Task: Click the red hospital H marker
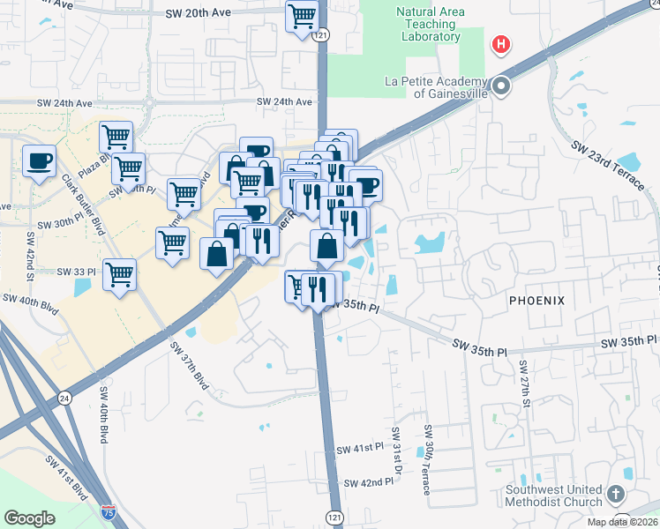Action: pos(501,44)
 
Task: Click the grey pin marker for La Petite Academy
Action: pos(501,86)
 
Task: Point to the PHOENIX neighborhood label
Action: pos(536,301)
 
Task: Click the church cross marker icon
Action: pos(616,494)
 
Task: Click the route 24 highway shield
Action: pos(64,399)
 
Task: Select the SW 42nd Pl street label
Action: pos(364,483)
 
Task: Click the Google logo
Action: pos(30,518)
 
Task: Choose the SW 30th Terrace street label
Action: pos(427,459)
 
